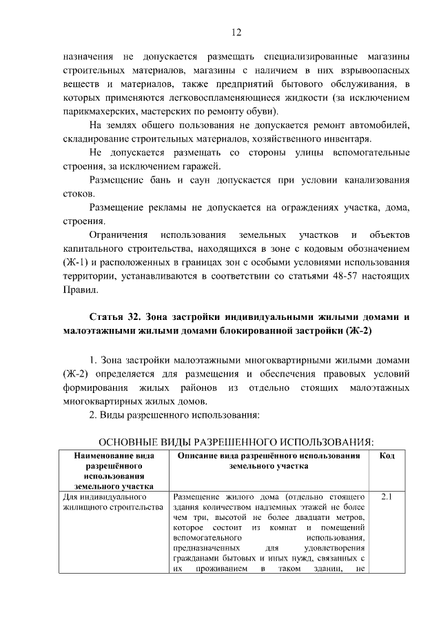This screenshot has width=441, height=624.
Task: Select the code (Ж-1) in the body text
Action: tap(77, 263)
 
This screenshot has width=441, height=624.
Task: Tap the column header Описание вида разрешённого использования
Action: tap(269, 461)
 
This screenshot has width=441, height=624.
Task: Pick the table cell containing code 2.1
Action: tap(387, 496)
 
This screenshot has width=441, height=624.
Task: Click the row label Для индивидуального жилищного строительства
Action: tap(107, 502)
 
